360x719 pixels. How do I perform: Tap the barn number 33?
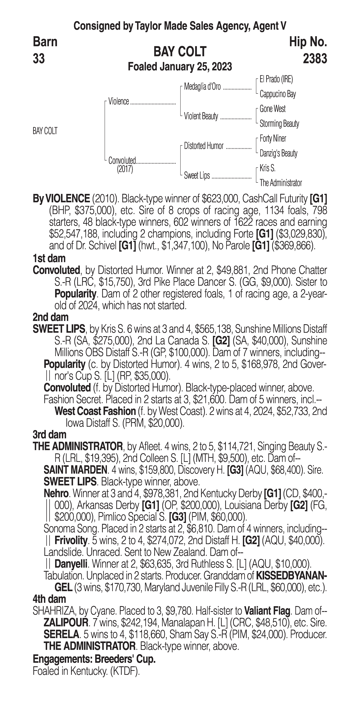(39, 59)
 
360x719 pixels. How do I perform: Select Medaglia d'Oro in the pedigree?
(202, 87)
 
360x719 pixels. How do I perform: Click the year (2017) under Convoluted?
(125, 169)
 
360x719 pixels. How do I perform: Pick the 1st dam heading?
(49, 258)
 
